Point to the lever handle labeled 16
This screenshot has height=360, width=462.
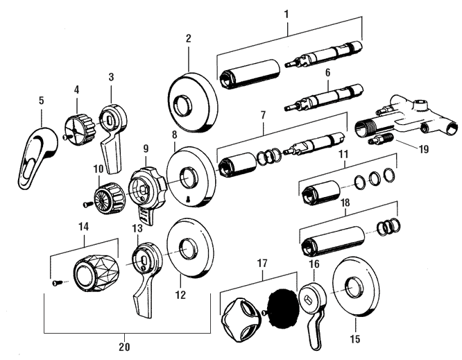311,309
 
